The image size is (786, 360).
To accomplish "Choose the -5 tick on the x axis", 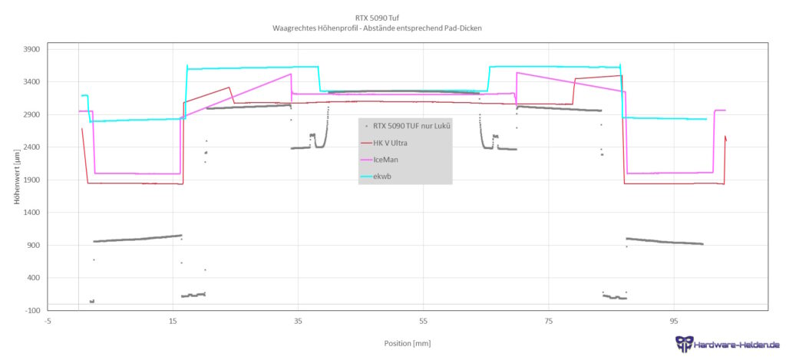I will click(48, 320).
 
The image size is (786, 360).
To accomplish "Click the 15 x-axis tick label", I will click(173, 320).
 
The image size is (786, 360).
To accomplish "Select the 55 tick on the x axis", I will click(423, 320).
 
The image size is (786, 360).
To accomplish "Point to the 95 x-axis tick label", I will click(673, 320).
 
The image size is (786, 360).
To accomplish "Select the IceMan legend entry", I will click(386, 160).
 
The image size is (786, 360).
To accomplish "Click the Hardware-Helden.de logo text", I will click(735, 345).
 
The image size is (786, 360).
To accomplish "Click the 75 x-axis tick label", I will click(548, 320).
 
